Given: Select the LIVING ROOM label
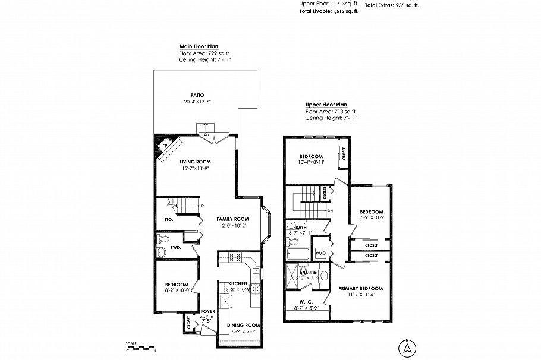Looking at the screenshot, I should [196, 162].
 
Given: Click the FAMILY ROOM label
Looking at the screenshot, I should [232, 219].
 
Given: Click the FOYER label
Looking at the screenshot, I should [208, 311].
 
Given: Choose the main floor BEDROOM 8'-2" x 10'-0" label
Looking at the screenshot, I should [177, 284].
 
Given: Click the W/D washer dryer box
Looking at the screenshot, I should [320, 253].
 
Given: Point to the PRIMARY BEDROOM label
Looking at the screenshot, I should [360, 288].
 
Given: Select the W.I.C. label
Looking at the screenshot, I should [298, 302].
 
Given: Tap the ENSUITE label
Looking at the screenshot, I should [309, 272].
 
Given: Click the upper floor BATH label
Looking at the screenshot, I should [301, 228].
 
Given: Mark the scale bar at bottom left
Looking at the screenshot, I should [141, 348].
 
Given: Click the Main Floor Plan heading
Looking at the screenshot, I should [199, 46].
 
